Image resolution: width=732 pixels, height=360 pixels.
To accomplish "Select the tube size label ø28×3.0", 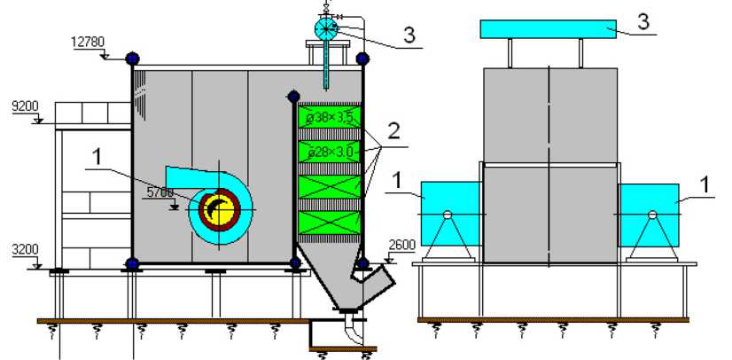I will tap(329, 153).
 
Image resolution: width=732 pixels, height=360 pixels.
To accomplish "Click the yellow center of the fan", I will tap(221, 211).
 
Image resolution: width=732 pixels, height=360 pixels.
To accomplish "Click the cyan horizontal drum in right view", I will tap(548, 29).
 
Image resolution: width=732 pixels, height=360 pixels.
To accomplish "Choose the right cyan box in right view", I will tap(648, 214).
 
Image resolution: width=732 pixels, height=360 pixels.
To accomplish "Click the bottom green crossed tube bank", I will tap(329, 222).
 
